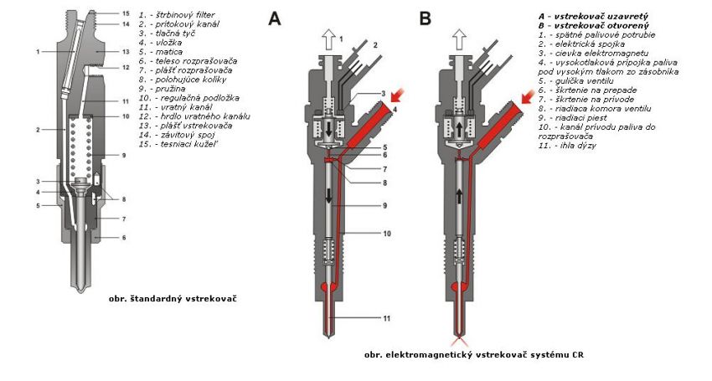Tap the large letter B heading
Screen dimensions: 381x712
click(426, 18)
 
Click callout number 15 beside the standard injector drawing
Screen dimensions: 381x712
click(125, 14)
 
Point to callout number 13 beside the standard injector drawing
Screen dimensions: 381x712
click(125, 51)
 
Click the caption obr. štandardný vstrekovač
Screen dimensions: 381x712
click(173, 298)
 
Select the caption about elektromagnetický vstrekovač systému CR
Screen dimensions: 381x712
click(474, 355)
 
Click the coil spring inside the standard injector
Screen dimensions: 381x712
click(80, 147)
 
